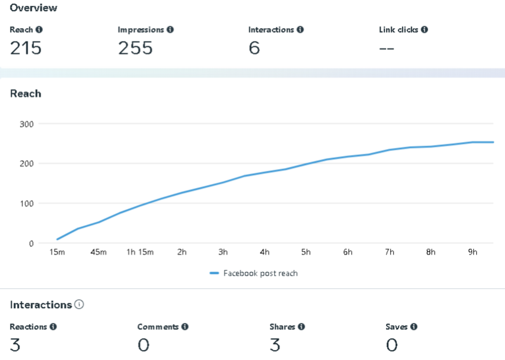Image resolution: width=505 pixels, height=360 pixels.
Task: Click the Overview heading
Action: (x=34, y=8)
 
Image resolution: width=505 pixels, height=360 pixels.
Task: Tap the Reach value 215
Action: (x=26, y=48)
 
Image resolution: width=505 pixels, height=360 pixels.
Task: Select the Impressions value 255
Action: (x=135, y=48)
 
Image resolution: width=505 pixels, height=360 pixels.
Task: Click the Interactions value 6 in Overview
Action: (x=254, y=48)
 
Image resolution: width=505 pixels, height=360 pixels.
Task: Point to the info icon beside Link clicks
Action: (x=424, y=29)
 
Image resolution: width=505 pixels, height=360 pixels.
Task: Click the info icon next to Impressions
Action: (x=170, y=29)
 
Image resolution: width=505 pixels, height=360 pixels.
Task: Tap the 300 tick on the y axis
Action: (x=27, y=124)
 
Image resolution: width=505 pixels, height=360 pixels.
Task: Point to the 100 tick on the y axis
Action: (x=27, y=203)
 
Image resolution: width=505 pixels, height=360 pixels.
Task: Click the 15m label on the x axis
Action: (x=57, y=252)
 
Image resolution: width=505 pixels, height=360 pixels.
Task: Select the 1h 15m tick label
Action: (x=140, y=252)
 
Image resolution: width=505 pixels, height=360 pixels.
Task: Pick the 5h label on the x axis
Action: (x=306, y=252)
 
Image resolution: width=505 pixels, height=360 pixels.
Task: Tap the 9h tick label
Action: (x=473, y=252)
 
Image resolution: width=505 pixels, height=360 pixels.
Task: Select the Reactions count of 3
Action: (x=15, y=345)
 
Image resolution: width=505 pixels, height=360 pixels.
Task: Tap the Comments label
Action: (x=158, y=326)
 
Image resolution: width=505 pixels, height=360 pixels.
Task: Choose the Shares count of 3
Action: (x=275, y=345)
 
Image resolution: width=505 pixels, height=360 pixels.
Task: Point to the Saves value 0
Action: (x=392, y=345)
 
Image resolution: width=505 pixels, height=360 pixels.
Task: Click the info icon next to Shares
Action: (x=301, y=326)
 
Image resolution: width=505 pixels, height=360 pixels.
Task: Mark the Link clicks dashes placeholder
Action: (x=387, y=48)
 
